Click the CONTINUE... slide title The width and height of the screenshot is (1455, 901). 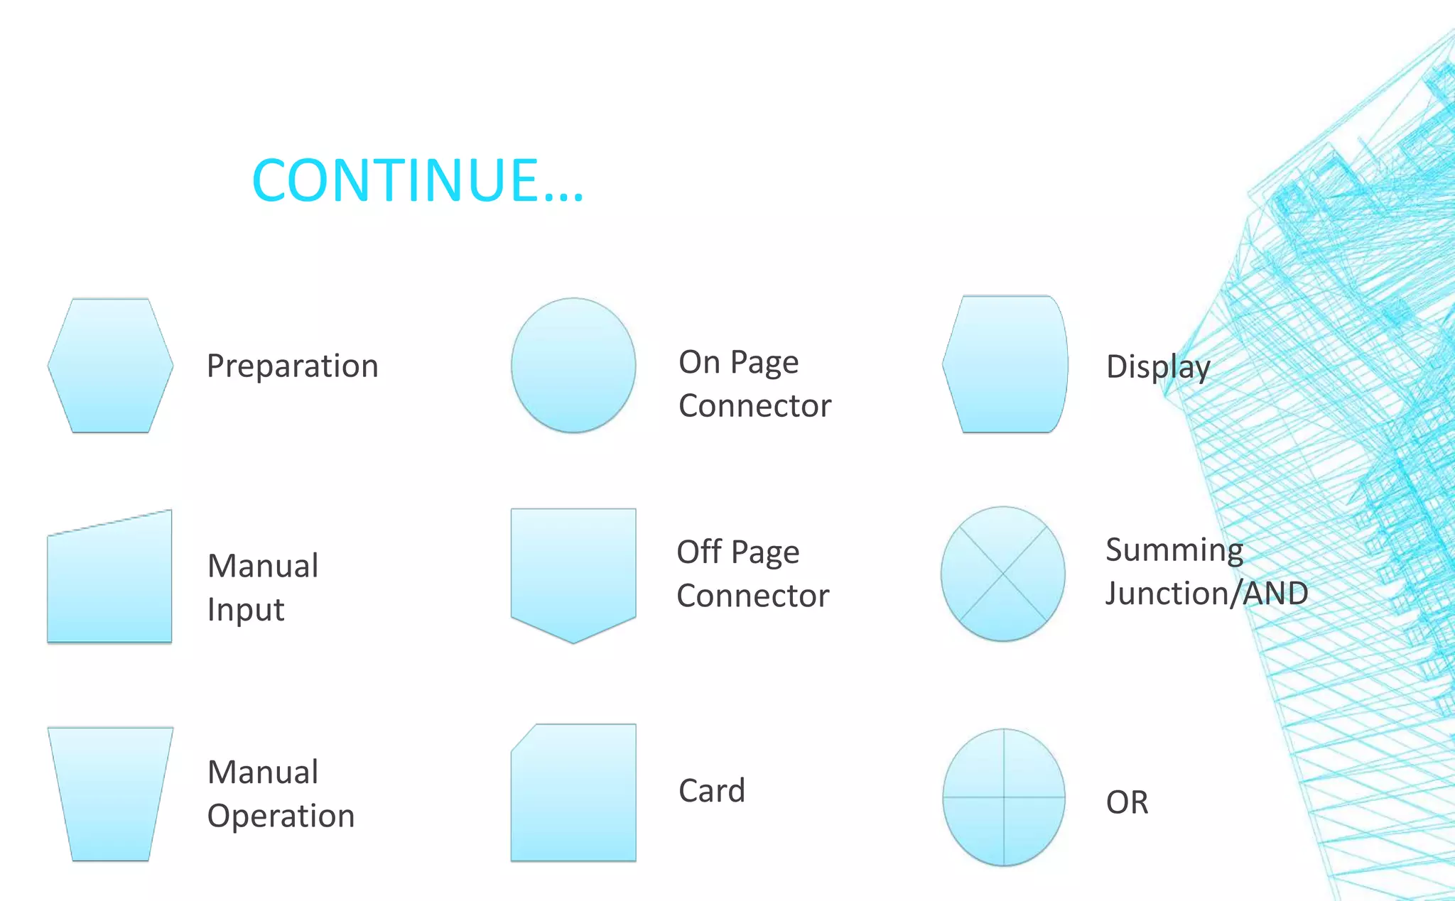point(418,180)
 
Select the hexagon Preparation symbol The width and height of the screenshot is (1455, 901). point(110,366)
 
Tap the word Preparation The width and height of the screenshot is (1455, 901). point(292,366)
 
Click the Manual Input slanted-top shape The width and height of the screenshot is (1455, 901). point(110,582)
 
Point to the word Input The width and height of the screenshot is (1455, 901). point(246,610)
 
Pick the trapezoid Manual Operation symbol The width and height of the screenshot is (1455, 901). point(110,793)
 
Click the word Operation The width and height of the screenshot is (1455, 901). point(281,816)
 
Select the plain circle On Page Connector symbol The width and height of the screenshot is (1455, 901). point(573,365)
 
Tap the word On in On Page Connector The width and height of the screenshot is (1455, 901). point(699,362)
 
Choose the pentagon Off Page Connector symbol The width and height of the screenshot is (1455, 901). point(573,572)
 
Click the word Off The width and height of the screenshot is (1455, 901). point(699,552)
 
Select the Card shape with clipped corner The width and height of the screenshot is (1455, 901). point(573,793)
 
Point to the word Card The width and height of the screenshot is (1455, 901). point(711,790)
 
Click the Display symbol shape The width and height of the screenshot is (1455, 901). point(1005,364)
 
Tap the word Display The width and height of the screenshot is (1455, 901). point(1157,367)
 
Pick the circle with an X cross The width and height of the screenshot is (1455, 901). point(1002,574)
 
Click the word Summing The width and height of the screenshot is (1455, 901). point(1174,550)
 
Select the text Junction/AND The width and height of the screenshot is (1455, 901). point(1206,594)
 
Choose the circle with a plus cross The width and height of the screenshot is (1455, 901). point(1003,797)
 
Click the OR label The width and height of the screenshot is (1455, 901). point(1127,802)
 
